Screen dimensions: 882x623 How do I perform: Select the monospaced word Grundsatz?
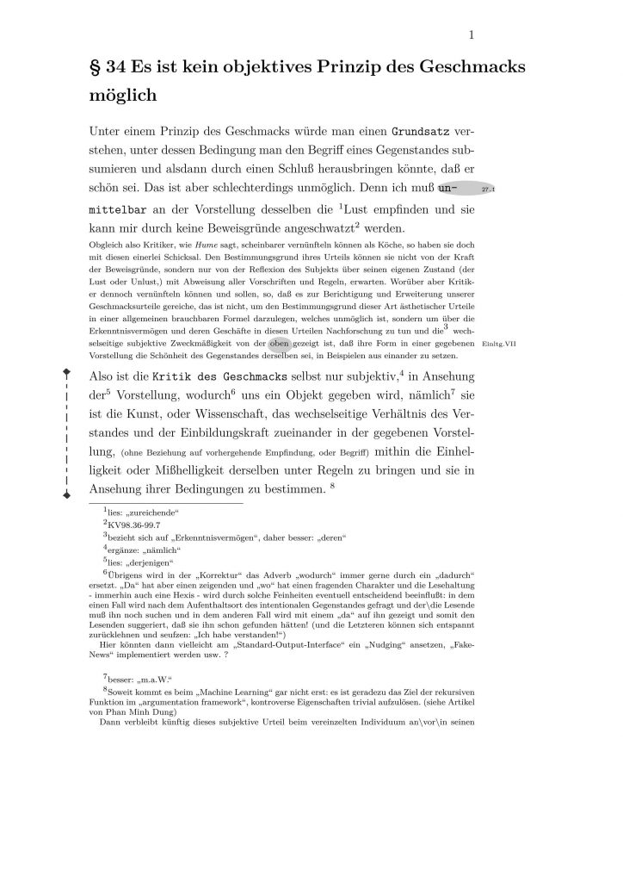coord(422,134)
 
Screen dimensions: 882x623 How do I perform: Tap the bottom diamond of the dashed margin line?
coord(67,497)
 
